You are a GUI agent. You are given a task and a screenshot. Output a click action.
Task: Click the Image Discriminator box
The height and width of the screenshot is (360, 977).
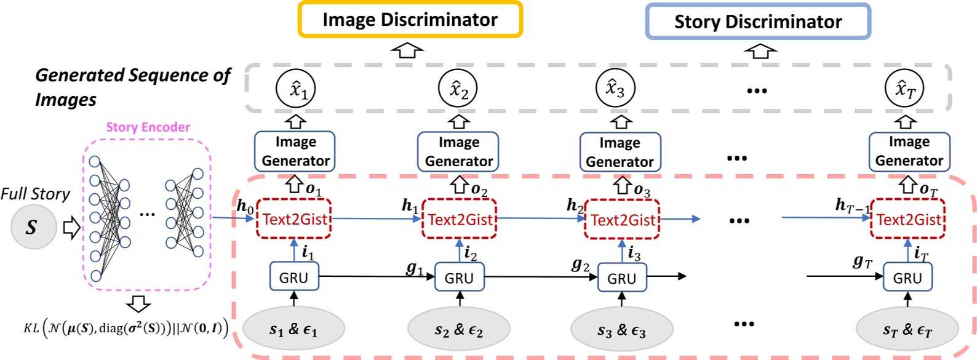tap(410, 20)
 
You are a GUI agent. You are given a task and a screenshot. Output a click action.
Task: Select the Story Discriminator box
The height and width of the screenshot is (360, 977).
tap(758, 22)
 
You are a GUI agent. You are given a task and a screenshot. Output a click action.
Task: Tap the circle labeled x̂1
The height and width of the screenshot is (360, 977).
tap(296, 90)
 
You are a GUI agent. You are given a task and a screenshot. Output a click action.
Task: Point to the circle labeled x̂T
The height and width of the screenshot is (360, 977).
tap(905, 90)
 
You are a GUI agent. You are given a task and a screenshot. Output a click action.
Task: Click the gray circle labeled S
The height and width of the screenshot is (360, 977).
tap(33, 228)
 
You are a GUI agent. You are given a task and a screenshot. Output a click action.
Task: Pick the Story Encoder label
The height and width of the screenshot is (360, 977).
tap(148, 127)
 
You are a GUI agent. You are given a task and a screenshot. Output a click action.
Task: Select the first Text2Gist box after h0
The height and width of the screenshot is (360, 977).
tap(294, 219)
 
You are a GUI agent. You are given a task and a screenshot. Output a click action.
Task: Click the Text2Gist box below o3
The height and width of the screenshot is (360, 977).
tap(622, 220)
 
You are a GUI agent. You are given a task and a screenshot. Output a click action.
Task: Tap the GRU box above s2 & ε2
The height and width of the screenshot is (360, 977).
tap(459, 278)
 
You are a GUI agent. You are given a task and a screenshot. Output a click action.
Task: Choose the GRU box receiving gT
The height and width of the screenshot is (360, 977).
tap(907, 278)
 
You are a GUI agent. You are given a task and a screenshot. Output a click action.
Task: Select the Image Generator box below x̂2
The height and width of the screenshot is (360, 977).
tap(458, 151)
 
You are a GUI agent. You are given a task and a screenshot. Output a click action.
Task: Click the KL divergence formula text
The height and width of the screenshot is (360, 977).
tap(126, 327)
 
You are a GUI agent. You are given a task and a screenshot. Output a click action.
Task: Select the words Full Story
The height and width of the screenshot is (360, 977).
tap(35, 194)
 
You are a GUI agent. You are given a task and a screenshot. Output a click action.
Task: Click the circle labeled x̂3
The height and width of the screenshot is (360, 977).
tap(615, 89)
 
